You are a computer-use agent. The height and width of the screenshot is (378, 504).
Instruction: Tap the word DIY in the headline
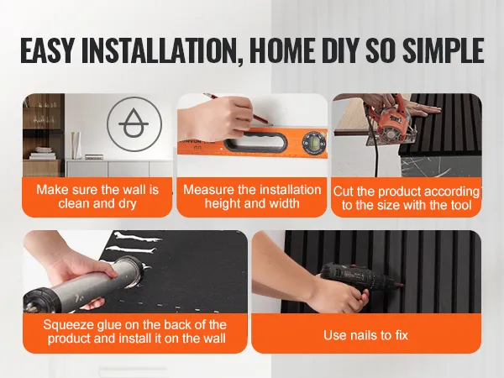pos(340,50)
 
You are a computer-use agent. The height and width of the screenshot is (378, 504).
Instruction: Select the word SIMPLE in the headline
pos(444,50)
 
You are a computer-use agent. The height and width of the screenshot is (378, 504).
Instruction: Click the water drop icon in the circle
pos(134,123)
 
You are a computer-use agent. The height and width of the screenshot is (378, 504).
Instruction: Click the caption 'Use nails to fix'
pos(365,335)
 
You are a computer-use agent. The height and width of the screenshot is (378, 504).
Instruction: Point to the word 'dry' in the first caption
pos(128,204)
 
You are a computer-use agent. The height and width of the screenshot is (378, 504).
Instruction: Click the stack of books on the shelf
pos(42,154)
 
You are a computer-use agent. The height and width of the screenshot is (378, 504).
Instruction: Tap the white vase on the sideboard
pos(76,145)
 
